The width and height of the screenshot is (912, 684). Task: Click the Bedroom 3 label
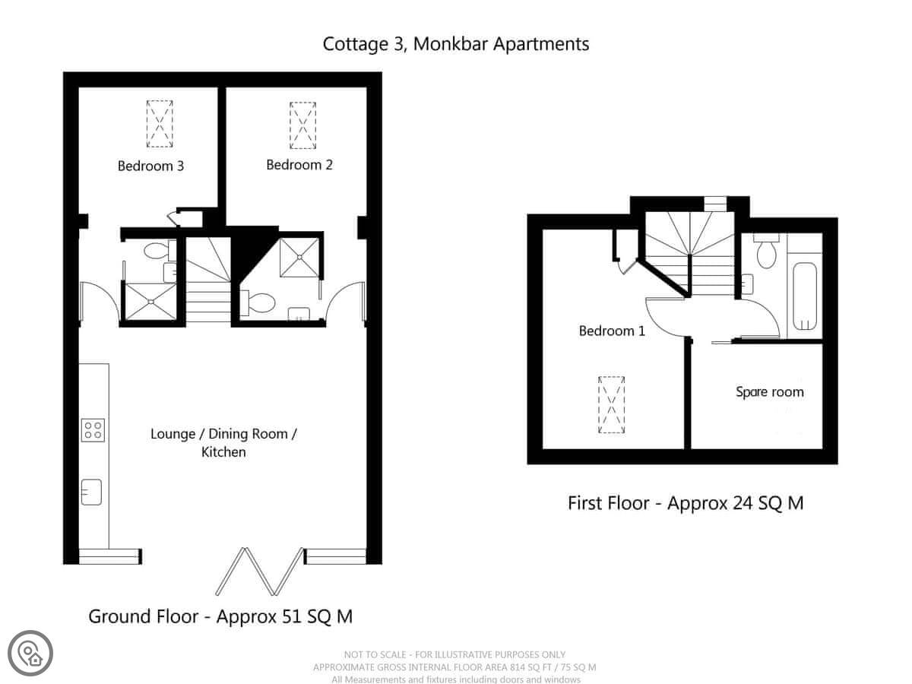click(150, 166)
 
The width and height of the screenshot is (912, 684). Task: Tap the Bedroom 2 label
click(299, 165)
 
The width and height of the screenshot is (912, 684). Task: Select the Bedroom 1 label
click(612, 331)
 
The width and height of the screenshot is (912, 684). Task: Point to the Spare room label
click(769, 392)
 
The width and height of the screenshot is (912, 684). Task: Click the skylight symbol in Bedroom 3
click(160, 124)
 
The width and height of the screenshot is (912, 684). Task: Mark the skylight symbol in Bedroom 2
click(302, 125)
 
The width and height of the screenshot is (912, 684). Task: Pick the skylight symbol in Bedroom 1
click(611, 405)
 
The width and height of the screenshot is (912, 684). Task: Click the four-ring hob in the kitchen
click(93, 430)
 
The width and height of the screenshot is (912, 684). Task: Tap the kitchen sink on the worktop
click(91, 492)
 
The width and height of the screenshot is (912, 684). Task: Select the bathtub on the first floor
click(805, 296)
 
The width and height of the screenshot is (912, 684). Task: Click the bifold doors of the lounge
click(260, 572)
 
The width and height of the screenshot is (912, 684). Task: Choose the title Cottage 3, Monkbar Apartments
click(456, 44)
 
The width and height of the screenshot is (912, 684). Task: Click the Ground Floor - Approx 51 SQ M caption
click(220, 616)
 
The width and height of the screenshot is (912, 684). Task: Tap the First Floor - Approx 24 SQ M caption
click(686, 503)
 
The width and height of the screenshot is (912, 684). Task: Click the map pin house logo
click(30, 654)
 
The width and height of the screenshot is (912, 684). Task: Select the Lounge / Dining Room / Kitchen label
click(223, 443)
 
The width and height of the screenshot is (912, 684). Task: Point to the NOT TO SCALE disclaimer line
click(454, 655)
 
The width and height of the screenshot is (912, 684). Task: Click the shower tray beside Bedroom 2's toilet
click(299, 258)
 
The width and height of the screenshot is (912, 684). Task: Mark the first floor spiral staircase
click(690, 253)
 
